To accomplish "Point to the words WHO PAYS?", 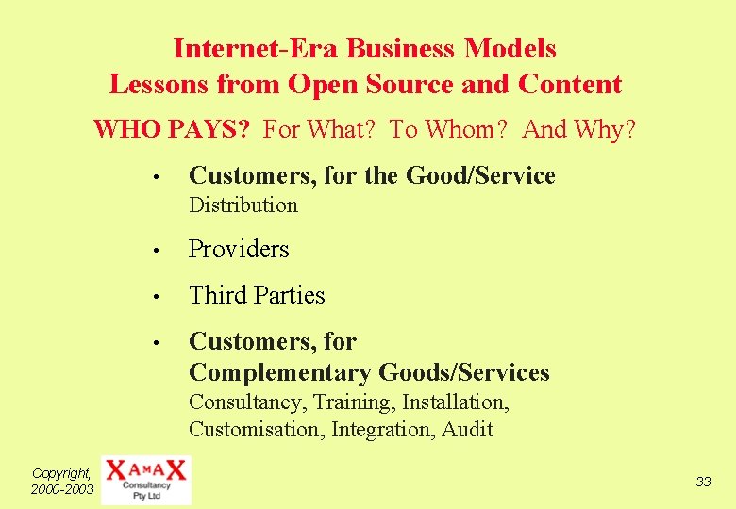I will pos(172,129).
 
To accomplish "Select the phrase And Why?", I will pos(579,129).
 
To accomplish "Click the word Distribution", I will pos(243,205).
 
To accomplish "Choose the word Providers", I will pos(239,249).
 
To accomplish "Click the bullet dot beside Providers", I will pos(163,251).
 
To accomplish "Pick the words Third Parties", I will pos(257,295).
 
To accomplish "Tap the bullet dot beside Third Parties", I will pos(163,297).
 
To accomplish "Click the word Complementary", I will pos(280,372).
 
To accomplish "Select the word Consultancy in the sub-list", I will pos(244,402).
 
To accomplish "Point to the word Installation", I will pos(455,402).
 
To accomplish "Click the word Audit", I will pos(469,430).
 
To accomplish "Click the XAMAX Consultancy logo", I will pos(145,480).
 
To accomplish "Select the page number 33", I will pos(703,482).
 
